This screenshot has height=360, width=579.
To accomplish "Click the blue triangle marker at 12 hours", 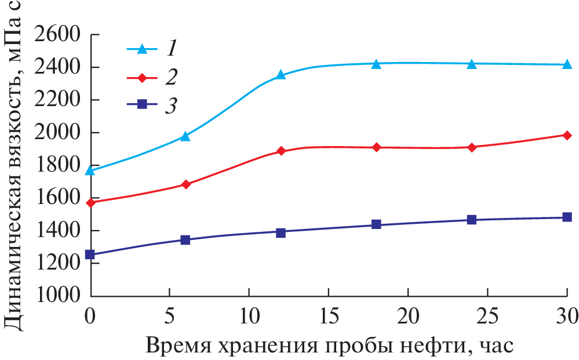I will [281, 75].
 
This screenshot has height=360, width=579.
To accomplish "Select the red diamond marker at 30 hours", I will [567, 135].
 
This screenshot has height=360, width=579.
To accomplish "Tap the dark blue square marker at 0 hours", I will [90, 254].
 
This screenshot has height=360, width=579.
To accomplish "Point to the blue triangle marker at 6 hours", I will [185, 136].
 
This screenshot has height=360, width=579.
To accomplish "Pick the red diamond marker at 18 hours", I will [376, 147].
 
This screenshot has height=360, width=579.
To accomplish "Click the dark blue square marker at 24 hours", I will [472, 220].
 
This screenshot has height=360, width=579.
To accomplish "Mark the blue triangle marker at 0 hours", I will [90, 170].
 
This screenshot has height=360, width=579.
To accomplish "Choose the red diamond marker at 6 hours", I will [185, 184].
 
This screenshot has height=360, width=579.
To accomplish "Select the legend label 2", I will [171, 77].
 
